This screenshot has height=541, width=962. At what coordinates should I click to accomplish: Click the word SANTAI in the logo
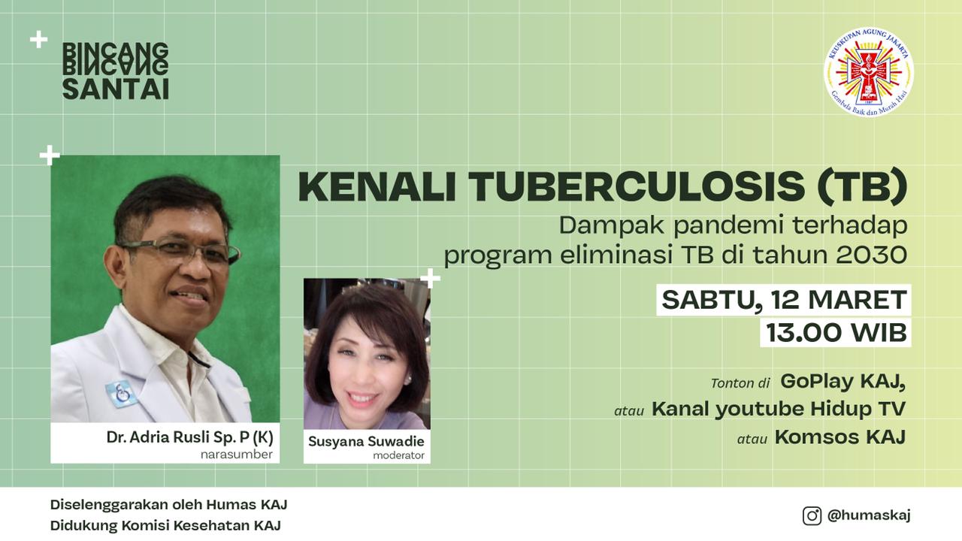[116, 89]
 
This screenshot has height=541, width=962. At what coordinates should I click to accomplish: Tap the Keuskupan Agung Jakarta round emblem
[868, 73]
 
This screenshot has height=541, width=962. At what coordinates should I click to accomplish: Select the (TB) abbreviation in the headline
[862, 187]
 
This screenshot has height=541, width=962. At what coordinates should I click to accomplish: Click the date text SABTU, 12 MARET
[784, 300]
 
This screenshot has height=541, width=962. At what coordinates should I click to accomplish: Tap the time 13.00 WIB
[836, 333]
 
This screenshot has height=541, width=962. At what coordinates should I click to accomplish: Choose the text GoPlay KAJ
[843, 381]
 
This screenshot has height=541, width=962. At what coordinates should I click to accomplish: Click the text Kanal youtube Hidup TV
[779, 409]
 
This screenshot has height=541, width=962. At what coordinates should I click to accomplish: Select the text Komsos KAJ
[840, 437]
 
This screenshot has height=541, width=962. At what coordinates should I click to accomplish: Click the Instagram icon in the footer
[812, 515]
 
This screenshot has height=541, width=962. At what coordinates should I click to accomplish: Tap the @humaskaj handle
[869, 515]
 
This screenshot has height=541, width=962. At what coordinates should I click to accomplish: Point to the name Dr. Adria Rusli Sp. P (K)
[190, 437]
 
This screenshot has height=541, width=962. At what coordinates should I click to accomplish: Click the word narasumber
[237, 455]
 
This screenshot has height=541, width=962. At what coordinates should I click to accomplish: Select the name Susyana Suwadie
[366, 441]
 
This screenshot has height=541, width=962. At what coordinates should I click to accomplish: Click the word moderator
[398, 455]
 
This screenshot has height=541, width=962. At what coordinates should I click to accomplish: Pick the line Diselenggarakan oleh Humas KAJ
[169, 504]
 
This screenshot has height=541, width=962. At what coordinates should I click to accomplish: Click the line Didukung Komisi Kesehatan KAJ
[165, 525]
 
